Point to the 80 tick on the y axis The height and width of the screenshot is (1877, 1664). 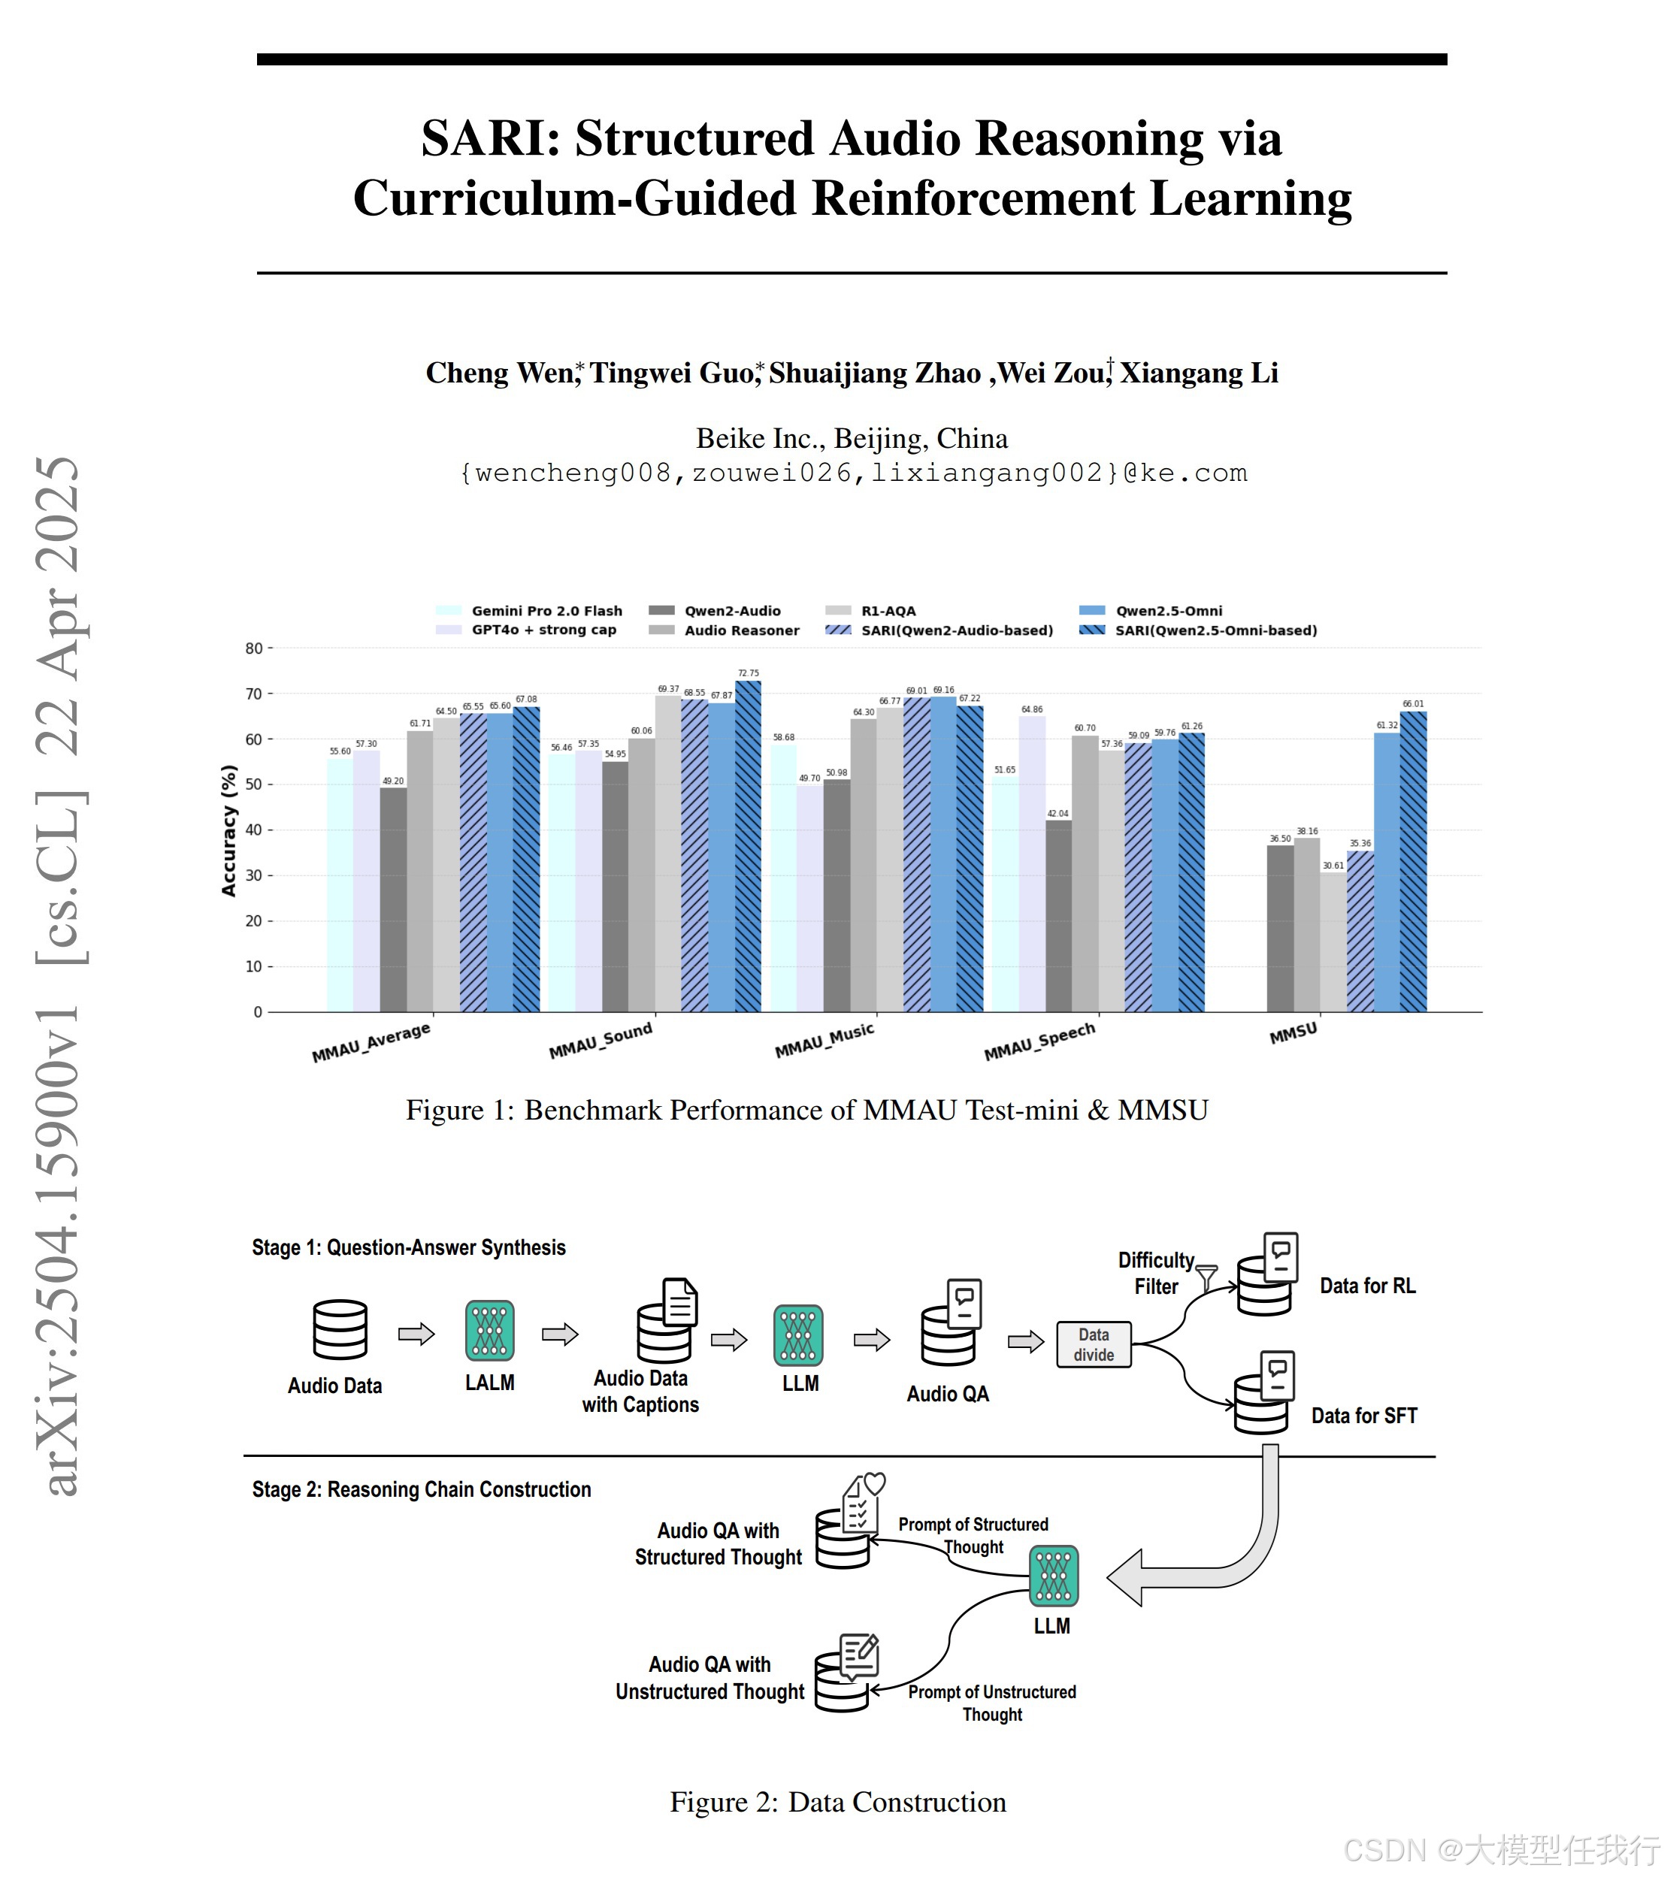point(253,648)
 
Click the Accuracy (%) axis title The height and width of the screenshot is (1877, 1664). point(228,830)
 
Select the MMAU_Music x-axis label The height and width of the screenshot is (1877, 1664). point(824,1041)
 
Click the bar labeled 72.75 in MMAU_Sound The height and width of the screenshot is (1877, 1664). point(749,845)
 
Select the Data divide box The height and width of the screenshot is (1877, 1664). point(1093,1344)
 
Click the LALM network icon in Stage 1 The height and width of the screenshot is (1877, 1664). point(489,1330)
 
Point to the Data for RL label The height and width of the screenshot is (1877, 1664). point(1366,1286)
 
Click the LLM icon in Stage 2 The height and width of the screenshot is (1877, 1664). point(1053,1576)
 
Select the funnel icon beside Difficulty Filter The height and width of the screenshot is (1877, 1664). point(1207,1277)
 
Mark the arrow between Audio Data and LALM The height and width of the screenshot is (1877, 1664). point(416,1334)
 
